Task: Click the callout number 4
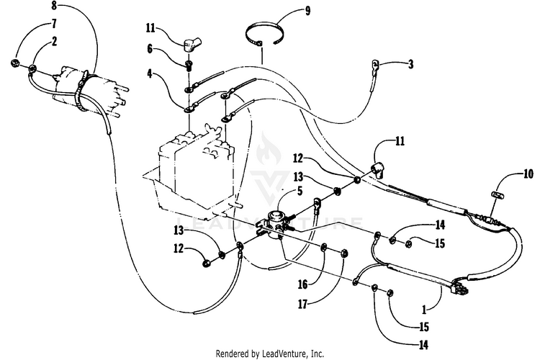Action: point(150,74)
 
